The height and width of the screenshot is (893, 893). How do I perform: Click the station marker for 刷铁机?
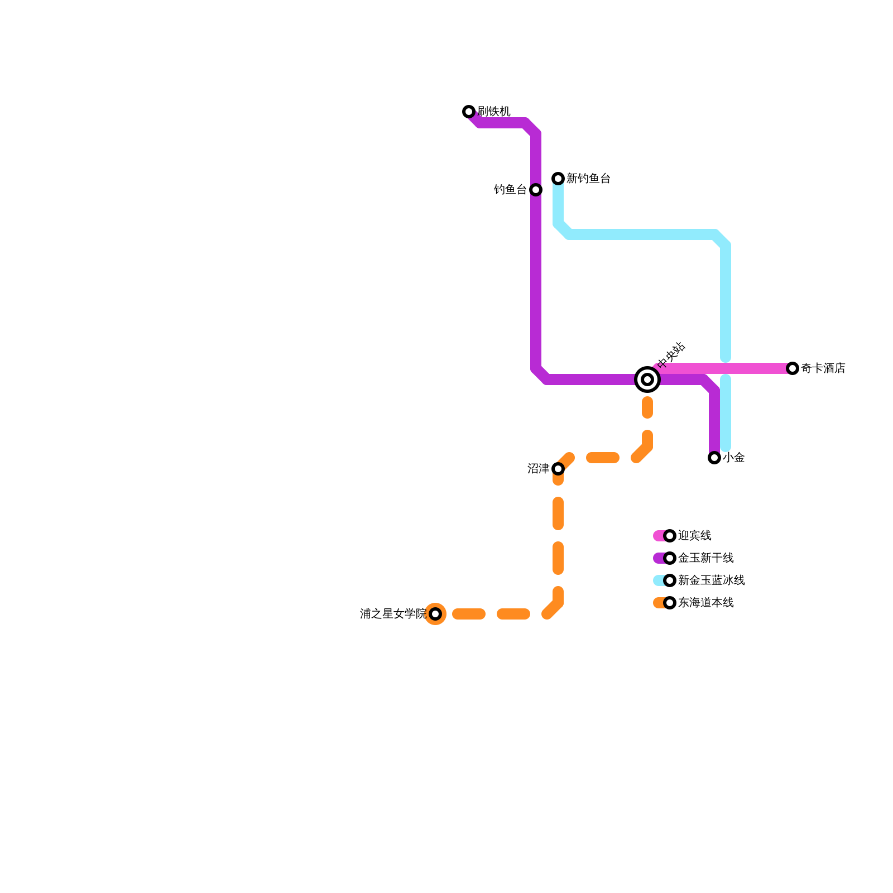coord(469,112)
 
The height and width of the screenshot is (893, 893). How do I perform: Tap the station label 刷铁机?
coord(494,112)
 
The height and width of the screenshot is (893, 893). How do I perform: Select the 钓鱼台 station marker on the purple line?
coord(536,190)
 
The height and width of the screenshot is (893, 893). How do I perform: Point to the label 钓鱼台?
coord(510,190)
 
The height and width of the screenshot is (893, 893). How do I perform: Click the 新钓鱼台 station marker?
coord(558,179)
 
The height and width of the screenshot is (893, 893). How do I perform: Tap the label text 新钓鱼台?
coord(588,179)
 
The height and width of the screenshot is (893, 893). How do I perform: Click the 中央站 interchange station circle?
coord(647,380)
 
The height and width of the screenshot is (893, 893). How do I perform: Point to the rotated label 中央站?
coord(671,356)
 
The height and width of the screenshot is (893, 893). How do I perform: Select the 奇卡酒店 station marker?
coord(793,368)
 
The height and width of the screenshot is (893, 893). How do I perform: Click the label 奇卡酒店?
coord(823,368)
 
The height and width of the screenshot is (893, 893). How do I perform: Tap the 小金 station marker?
coord(714,458)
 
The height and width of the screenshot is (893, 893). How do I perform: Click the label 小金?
coord(734,458)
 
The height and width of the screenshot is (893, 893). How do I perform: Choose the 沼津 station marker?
coord(558,469)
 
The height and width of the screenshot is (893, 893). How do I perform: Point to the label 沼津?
coord(538,469)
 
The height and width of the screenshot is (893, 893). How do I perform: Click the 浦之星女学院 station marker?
coord(435,614)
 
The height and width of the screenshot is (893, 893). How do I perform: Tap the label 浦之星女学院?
coord(393,614)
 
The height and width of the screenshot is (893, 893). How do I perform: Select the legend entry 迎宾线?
coord(694,536)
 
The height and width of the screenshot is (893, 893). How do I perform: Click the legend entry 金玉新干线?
coord(705,558)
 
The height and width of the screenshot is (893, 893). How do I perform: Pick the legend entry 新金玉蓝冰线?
coord(711,580)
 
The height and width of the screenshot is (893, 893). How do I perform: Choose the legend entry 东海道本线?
coord(705,603)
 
